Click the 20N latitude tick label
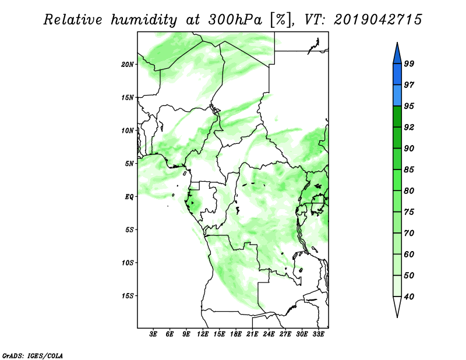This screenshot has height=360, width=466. pyautogui.click(x=128, y=65)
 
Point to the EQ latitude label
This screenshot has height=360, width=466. pyautogui.click(x=129, y=197)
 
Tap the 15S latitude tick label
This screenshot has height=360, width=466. pyautogui.click(x=128, y=296)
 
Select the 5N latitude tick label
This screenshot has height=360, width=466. pyautogui.click(x=129, y=164)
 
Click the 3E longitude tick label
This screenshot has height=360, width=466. pyautogui.click(x=153, y=334)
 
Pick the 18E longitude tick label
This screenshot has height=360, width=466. pyautogui.click(x=236, y=334)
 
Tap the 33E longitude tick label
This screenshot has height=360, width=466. pyautogui.click(x=318, y=334)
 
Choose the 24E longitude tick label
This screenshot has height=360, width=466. pyautogui.click(x=269, y=334)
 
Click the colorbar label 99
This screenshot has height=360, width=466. pyautogui.click(x=409, y=63)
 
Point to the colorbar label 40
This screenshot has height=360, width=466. pyautogui.click(x=409, y=297)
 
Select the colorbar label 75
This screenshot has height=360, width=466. pyautogui.click(x=409, y=212)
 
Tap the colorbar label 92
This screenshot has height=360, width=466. pyautogui.click(x=409, y=127)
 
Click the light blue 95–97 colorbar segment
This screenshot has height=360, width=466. pyautogui.click(x=397, y=96)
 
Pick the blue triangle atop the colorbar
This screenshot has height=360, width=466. pyautogui.click(x=397, y=55)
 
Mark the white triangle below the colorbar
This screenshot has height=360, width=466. pyautogui.click(x=397, y=306)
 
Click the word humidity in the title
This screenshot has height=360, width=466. pyautogui.click(x=144, y=20)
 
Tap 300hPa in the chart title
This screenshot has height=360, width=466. pyautogui.click(x=235, y=20)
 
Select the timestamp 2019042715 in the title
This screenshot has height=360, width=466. pyautogui.click(x=378, y=19)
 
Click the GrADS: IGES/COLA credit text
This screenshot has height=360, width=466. pyautogui.click(x=33, y=355)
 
